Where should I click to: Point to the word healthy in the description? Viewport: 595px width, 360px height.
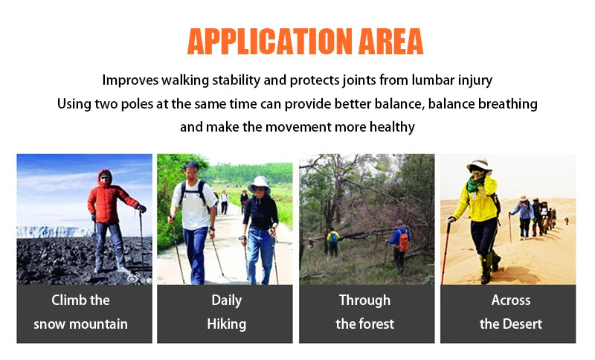click(x=390, y=126)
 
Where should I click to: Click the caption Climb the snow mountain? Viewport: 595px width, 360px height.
click(x=80, y=312)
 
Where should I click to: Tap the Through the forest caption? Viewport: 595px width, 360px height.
click(x=364, y=312)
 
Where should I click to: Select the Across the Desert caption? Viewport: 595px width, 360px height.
click(x=510, y=312)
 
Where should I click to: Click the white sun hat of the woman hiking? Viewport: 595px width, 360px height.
click(x=260, y=182)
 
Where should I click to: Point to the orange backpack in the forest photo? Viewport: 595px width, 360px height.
click(x=402, y=240)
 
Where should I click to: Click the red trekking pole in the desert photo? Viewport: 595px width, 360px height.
click(x=445, y=253)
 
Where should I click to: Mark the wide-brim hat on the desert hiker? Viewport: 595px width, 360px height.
click(x=479, y=165)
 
